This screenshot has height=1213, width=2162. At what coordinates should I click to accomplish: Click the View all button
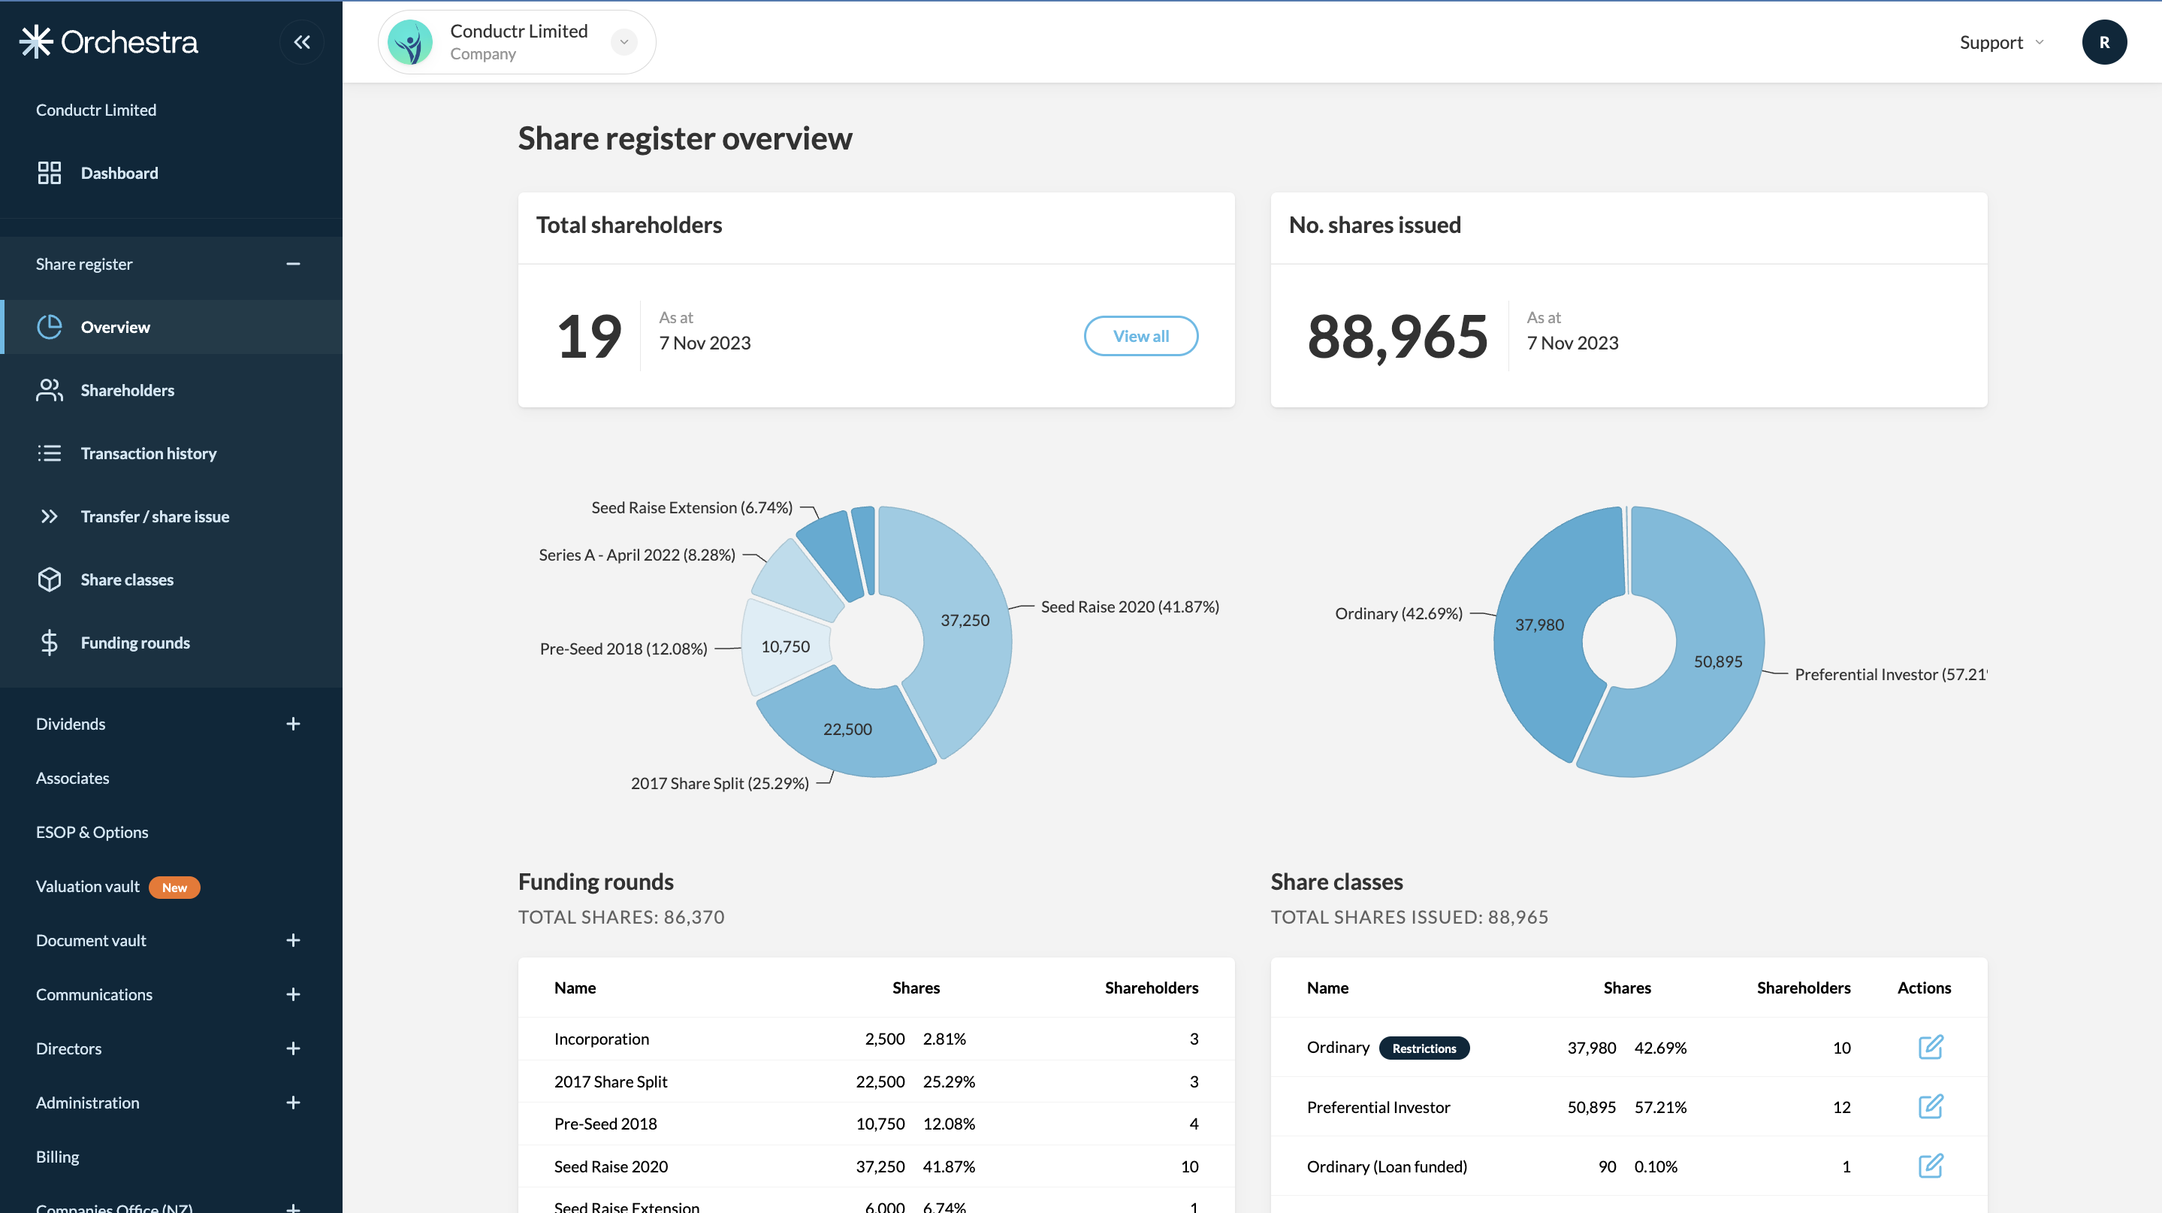[x=1140, y=336]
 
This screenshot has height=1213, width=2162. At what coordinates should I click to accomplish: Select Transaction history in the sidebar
[x=148, y=453]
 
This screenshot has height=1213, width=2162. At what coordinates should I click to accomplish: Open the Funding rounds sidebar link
[x=134, y=643]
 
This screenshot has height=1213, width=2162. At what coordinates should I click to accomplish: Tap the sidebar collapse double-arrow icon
[x=302, y=42]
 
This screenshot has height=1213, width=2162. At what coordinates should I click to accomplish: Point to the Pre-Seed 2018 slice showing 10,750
[x=785, y=646]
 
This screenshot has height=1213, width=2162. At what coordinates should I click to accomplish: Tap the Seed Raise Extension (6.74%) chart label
[x=692, y=508]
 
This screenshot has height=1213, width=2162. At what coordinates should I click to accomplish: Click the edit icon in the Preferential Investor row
[x=1931, y=1106]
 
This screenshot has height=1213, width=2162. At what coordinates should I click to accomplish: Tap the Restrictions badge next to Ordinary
[x=1424, y=1048]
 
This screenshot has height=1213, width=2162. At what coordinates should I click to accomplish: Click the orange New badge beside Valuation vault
[x=174, y=888]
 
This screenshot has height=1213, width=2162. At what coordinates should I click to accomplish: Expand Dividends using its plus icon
[x=293, y=724]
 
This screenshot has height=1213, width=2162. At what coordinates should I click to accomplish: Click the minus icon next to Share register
[x=293, y=265]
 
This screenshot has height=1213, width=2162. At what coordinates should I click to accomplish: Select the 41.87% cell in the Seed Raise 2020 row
[x=948, y=1166]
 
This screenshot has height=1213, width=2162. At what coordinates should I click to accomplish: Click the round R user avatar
[x=2104, y=42]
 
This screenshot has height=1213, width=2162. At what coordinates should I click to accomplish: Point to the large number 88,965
[x=1397, y=337]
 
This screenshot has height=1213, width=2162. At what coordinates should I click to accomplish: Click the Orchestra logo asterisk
[x=36, y=42]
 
